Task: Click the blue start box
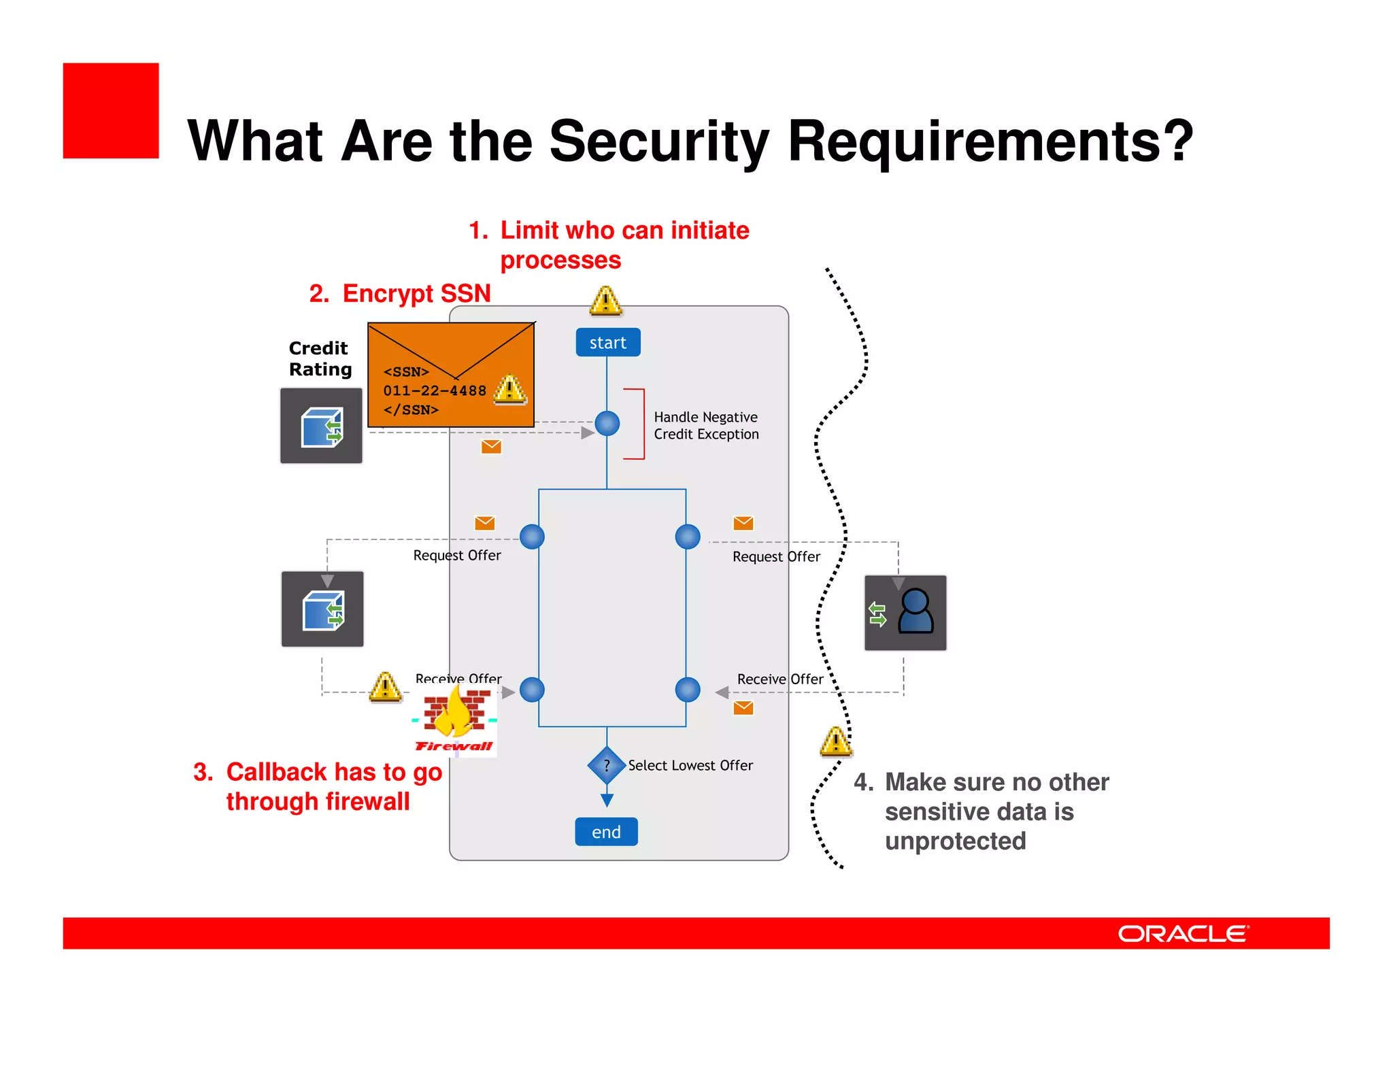tap(607, 343)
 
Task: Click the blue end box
tap(606, 832)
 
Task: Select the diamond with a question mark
tap(607, 765)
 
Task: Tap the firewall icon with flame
tap(455, 720)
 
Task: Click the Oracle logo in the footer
tap(1183, 934)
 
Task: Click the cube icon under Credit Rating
tap(321, 426)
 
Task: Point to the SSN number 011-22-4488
tap(435, 391)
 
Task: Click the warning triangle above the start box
tap(605, 301)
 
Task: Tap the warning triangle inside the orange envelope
tap(510, 390)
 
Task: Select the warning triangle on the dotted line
tap(836, 742)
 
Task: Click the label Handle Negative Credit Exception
tap(706, 426)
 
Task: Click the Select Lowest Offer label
tap(690, 766)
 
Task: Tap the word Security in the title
tap(659, 141)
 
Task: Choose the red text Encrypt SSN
tap(416, 294)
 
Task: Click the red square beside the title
tap(111, 111)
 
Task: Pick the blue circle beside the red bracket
tap(607, 423)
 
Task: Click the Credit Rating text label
tap(320, 358)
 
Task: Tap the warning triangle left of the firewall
tap(385, 688)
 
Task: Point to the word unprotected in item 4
tap(955, 841)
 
